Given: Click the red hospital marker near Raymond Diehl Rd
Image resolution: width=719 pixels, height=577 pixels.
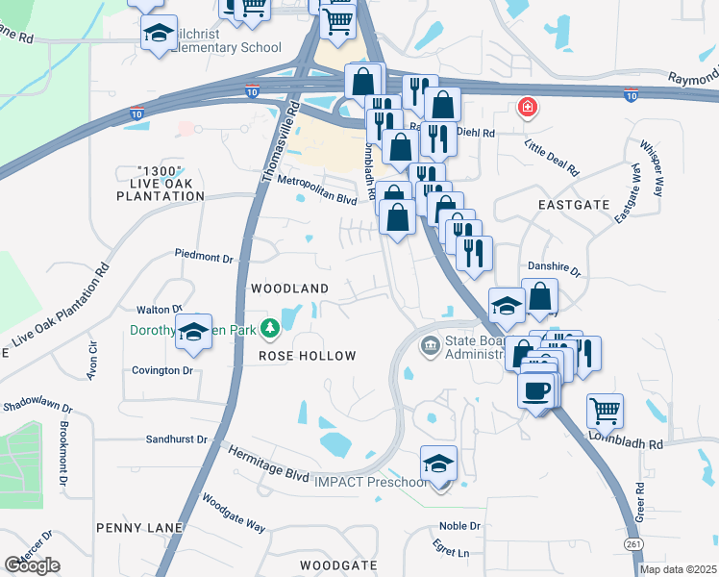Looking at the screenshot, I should pos(526,108).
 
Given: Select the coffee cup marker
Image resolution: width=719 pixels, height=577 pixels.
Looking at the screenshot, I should pos(536,390).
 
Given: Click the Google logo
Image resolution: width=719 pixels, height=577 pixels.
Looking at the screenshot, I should pos(32,565).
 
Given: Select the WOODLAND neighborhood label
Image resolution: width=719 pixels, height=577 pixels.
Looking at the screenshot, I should pos(289,288).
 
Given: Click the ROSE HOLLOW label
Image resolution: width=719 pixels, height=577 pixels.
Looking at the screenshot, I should pos(307,356).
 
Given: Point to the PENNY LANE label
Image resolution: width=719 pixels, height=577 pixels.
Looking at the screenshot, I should pos(133,528).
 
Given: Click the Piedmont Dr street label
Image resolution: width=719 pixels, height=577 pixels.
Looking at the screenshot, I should pos(204,257).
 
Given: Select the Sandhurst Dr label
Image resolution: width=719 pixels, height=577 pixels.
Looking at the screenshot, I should pos(176,439).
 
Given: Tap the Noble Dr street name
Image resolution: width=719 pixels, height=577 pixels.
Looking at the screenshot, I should pos(459,526).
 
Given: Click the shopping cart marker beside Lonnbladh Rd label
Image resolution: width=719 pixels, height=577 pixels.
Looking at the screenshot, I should pos(605,411).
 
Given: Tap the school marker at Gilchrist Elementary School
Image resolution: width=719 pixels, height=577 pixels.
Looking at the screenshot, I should pos(159,35).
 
